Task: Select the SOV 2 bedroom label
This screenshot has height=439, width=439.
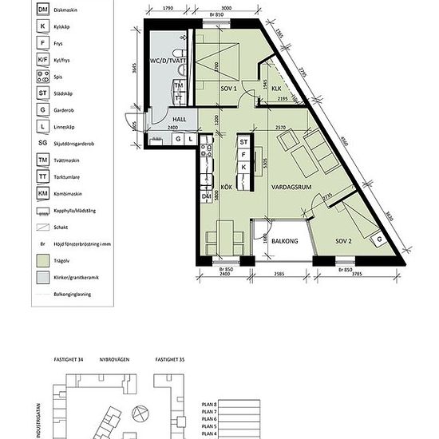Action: click(x=344, y=240)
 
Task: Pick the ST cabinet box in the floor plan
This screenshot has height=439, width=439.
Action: click(x=244, y=143)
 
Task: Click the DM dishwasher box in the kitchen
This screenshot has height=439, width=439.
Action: click(x=206, y=196)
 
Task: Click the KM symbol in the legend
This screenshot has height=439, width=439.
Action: click(x=20, y=193)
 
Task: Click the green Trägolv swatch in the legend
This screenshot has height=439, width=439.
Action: click(x=20, y=260)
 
